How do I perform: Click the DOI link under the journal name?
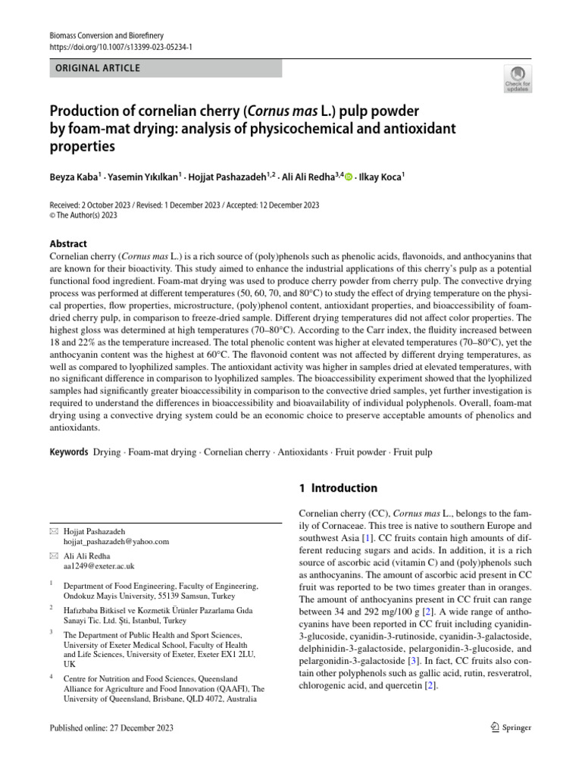(120, 46)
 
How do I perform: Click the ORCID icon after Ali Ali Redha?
(349, 178)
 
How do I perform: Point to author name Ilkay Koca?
(383, 178)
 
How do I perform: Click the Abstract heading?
(68, 244)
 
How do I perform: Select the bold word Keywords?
(69, 452)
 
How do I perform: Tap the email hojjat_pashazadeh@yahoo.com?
(116, 542)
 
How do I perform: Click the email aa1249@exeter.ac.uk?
(99, 566)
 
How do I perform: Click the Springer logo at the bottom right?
(511, 727)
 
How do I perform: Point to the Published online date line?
(111, 728)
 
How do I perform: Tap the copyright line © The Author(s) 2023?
(84, 214)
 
